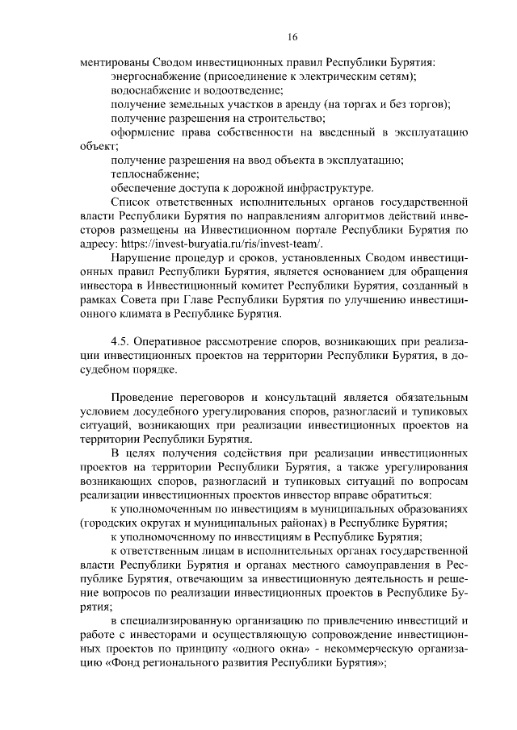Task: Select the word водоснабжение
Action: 146,90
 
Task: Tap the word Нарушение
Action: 139,257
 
